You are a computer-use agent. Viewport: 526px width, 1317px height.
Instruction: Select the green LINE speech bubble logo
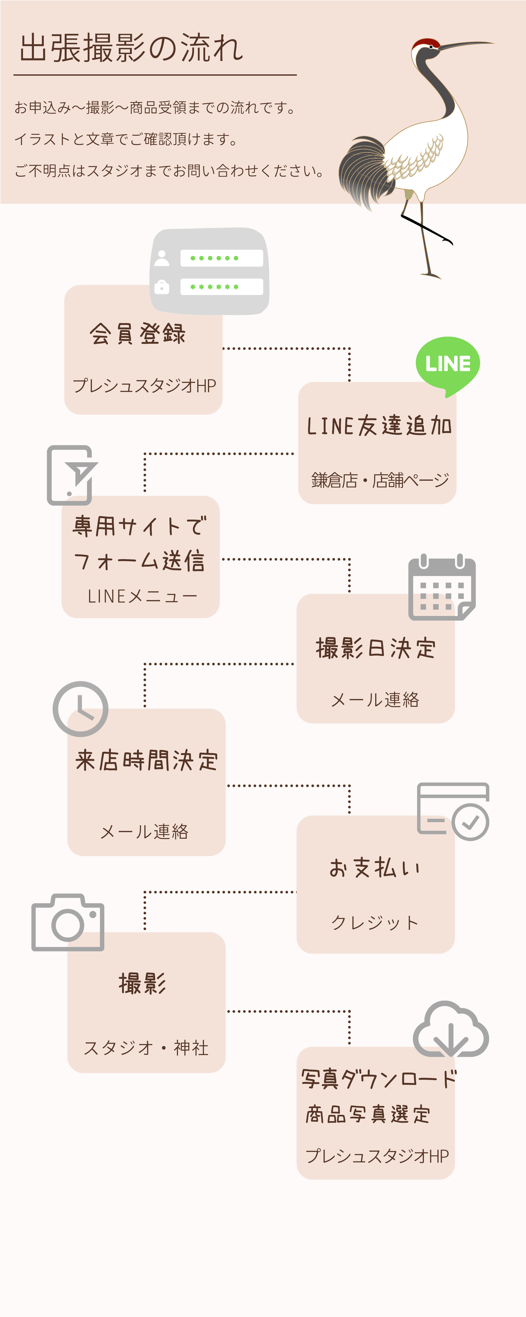[x=448, y=364]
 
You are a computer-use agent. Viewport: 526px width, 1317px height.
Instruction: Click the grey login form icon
[x=209, y=271]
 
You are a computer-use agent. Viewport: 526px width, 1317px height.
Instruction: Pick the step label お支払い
[x=375, y=868]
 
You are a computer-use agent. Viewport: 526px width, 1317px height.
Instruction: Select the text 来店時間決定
[x=147, y=760]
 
